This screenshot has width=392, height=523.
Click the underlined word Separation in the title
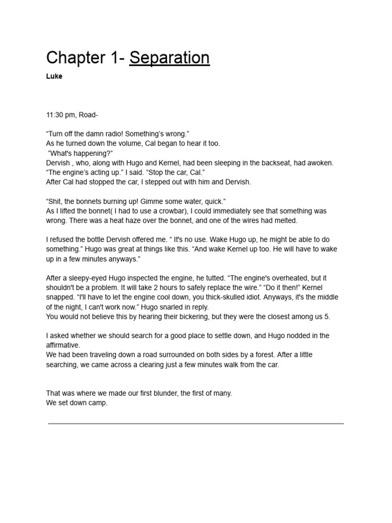(x=169, y=58)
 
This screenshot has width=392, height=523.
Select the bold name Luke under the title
(x=54, y=77)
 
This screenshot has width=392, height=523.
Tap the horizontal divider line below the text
(x=196, y=423)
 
